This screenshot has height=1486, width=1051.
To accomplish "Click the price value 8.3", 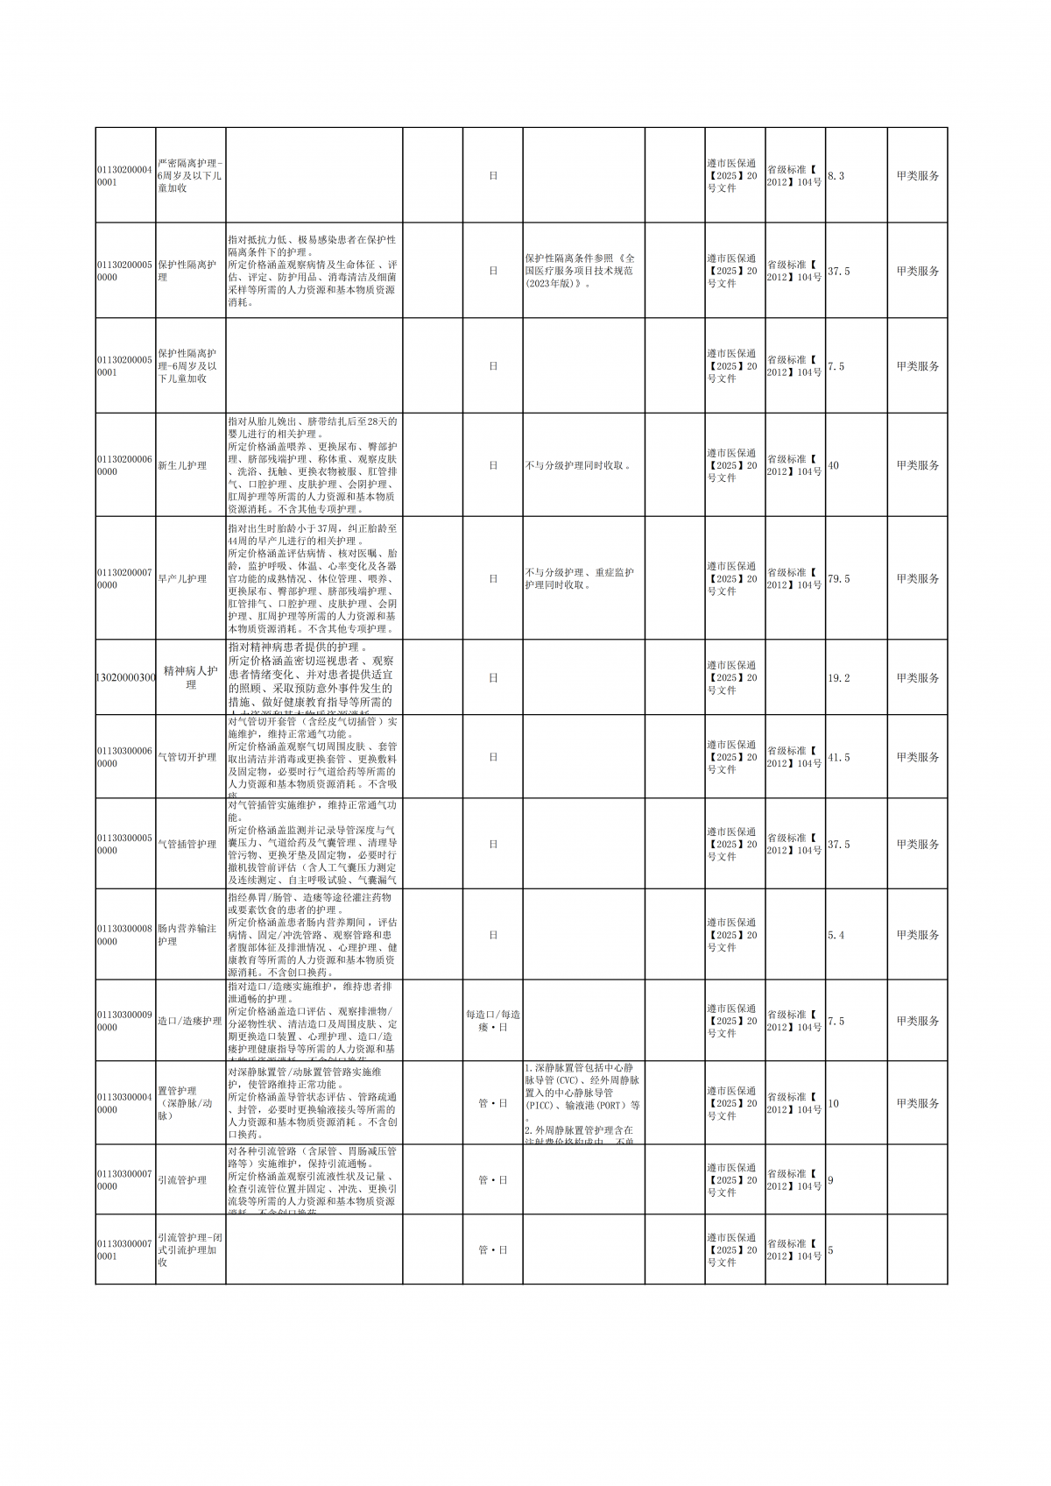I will (x=836, y=176).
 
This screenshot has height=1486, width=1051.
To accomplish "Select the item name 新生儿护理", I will (x=182, y=465).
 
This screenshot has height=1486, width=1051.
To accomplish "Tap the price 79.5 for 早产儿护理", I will (x=839, y=579).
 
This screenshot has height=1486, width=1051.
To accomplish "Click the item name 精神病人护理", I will (x=191, y=677).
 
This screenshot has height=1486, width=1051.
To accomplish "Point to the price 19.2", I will (x=839, y=678).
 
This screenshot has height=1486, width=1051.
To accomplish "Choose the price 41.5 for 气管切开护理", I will (x=839, y=757).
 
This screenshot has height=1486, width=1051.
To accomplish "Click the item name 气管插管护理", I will (x=187, y=845).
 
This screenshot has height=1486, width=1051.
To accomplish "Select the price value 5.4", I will (x=836, y=936).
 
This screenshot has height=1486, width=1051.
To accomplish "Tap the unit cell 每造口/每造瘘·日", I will (x=493, y=1021).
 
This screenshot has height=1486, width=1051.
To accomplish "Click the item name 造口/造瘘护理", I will (x=190, y=1021).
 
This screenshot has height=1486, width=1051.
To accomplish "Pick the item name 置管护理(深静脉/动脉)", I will (x=185, y=1103).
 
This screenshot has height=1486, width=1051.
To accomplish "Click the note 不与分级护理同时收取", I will (x=578, y=465).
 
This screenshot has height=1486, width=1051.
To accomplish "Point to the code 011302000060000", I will (x=124, y=465).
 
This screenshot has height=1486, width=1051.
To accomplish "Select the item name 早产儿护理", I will (x=182, y=579).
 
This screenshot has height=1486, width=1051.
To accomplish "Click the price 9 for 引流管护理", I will (x=830, y=1180).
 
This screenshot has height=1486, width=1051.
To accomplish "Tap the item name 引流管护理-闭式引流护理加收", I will (x=190, y=1249).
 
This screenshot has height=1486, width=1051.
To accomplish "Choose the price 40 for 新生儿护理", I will (x=833, y=465).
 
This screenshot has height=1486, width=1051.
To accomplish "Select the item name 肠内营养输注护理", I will (x=187, y=935).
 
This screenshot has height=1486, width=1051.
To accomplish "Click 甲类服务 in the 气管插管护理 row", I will (x=917, y=845).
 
